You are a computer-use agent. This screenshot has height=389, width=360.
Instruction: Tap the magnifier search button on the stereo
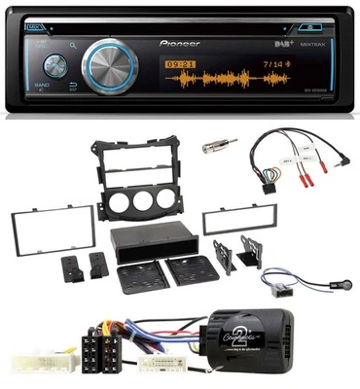[73, 44]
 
